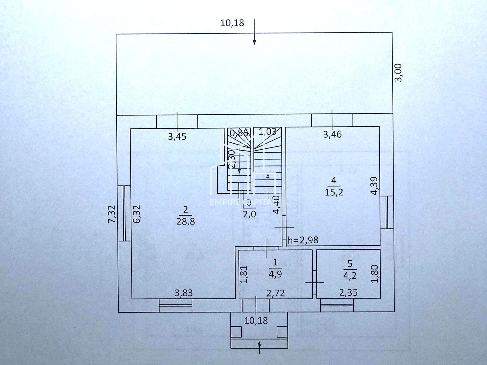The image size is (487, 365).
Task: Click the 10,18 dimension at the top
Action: [232, 23]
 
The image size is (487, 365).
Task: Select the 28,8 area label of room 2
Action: [186, 221]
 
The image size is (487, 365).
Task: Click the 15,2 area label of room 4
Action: [334, 192]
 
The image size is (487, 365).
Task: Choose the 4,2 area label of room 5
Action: [350, 276]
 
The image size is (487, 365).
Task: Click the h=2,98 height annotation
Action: [303, 240]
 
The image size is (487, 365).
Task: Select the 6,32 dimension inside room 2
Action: [137, 214]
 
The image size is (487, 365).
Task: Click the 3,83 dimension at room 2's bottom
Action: [184, 293]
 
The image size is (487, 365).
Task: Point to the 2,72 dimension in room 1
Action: [275, 293]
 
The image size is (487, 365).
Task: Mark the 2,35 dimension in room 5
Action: [348, 293]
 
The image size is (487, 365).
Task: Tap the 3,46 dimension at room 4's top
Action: [332, 134]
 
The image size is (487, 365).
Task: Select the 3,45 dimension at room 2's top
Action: [177, 137]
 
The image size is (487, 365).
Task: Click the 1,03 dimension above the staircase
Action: [267, 132]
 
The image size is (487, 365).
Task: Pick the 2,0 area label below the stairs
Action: [249, 214]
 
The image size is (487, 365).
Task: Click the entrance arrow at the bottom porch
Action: [259, 347]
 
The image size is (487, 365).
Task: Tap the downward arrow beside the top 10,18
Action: [254, 32]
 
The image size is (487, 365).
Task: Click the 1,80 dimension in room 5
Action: [375, 274]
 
